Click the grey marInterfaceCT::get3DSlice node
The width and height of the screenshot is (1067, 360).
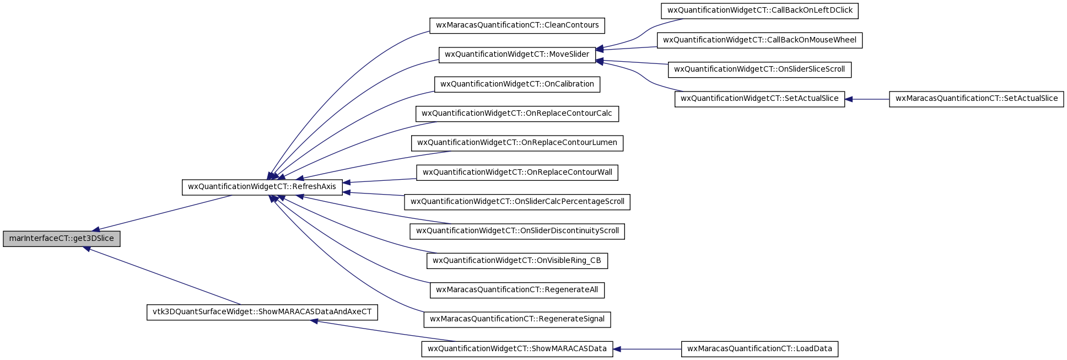(61, 239)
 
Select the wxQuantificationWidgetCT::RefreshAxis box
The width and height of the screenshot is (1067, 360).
(262, 187)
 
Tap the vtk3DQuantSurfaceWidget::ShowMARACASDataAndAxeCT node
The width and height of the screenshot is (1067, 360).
(262, 312)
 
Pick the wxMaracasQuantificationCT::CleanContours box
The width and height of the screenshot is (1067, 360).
(517, 25)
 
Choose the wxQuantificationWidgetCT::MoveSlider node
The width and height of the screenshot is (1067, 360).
(517, 55)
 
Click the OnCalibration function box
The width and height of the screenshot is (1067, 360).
(517, 84)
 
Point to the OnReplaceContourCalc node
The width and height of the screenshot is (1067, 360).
(517, 114)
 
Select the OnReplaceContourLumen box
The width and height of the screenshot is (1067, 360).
(517, 143)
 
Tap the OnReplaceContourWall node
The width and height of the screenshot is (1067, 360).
(517, 173)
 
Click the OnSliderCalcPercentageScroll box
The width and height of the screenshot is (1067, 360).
(517, 202)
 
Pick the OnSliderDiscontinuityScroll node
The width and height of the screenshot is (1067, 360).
(517, 231)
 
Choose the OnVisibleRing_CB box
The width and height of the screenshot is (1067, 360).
(517, 261)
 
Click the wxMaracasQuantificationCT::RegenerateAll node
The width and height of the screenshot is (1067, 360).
(517, 290)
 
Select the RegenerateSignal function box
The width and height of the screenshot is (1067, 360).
(517, 319)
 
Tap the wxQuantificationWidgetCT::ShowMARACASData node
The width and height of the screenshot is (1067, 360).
(517, 349)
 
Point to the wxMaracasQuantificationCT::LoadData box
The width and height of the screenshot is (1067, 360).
(759, 349)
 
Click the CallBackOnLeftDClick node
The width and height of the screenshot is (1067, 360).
(759, 10)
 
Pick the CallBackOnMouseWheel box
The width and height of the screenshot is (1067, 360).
(759, 40)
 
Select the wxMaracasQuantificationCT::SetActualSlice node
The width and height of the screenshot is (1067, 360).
(976, 99)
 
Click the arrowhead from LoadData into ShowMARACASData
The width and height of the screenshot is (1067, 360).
(617, 349)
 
